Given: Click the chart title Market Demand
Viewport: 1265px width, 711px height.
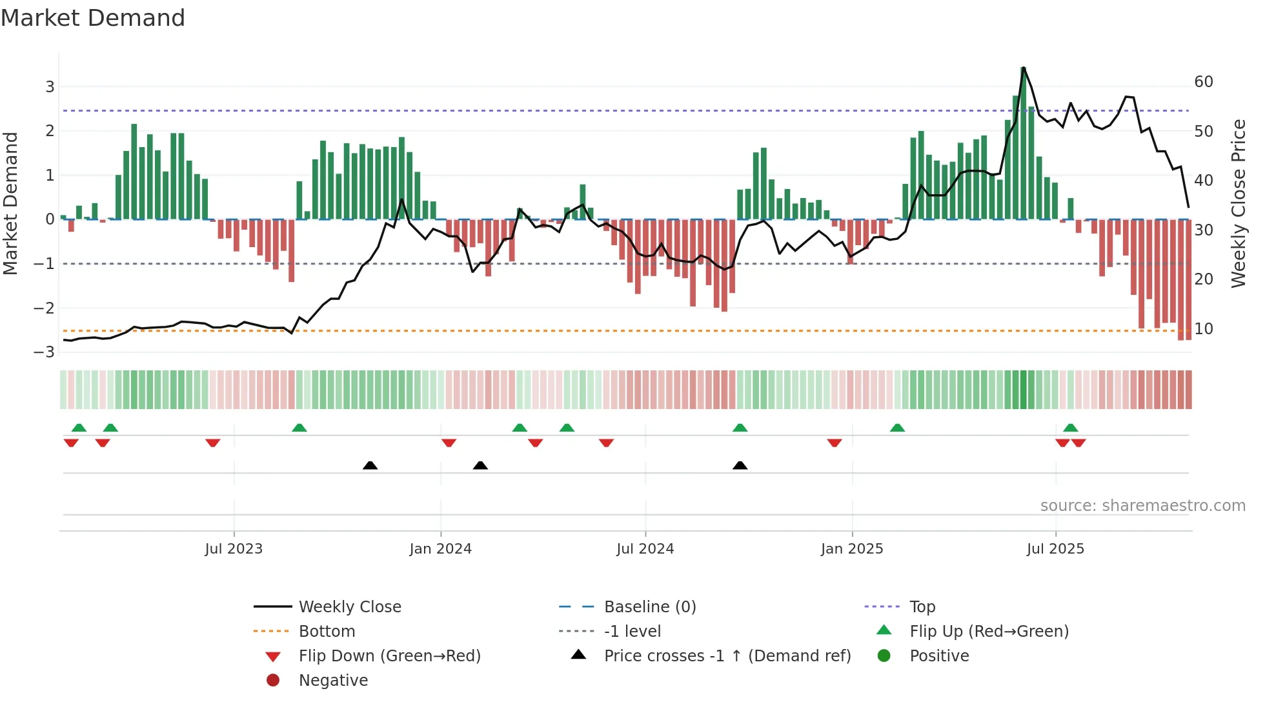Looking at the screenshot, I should [93, 18].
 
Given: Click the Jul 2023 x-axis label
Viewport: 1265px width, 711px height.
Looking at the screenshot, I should [234, 549].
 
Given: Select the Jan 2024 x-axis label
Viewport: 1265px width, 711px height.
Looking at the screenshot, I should [441, 549].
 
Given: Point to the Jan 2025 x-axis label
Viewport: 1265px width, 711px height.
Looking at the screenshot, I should [852, 549].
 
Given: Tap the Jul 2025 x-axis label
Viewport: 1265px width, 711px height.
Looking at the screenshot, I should [1055, 549].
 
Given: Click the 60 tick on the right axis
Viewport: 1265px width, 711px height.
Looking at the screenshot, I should [1204, 82].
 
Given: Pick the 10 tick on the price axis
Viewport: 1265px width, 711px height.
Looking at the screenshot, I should [1204, 329].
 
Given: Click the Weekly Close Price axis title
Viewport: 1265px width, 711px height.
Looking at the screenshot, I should [1238, 203].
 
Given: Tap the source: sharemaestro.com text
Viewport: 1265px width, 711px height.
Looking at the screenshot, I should [1142, 506].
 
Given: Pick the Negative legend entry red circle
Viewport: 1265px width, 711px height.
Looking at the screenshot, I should [273, 681].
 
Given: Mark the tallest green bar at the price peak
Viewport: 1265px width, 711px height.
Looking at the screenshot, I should [1024, 142].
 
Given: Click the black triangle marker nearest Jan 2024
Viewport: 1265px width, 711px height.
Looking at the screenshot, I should [480, 466].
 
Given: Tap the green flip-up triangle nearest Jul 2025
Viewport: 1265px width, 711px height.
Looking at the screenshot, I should [1070, 428].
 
